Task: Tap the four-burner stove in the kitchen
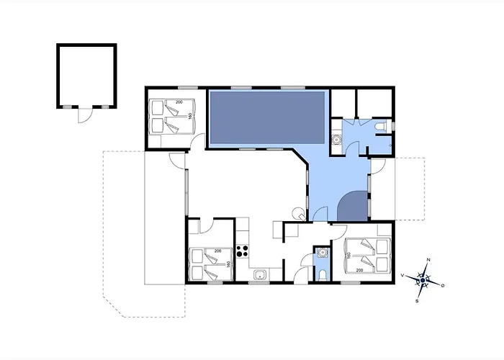point(243,252)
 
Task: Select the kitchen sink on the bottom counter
point(258,274)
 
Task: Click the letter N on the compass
point(428,259)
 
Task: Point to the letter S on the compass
point(417,301)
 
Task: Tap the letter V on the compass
point(402,274)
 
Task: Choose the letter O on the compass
point(443,286)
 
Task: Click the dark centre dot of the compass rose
point(423,280)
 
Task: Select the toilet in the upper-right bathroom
point(382,127)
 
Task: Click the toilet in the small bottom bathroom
point(322,274)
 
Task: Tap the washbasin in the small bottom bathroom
point(322,252)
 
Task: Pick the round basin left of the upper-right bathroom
point(336,140)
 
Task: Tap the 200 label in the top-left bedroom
point(179,102)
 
